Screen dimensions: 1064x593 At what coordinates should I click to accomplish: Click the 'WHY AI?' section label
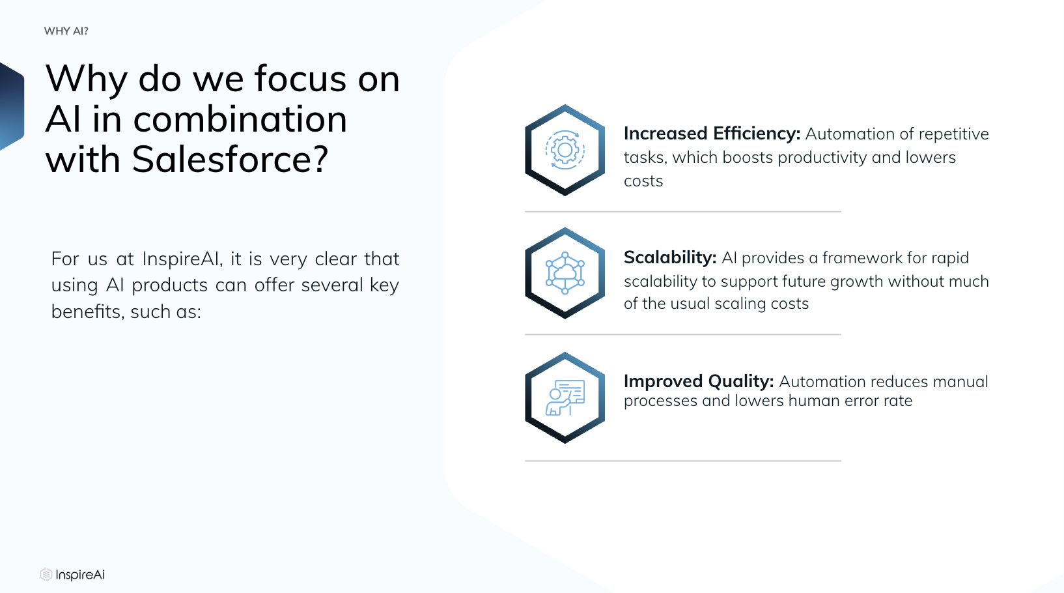pyautogui.click(x=66, y=31)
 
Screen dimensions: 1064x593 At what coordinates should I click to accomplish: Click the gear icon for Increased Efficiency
pyautogui.click(x=565, y=150)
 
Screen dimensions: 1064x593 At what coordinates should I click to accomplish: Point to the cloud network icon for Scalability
pyautogui.click(x=565, y=273)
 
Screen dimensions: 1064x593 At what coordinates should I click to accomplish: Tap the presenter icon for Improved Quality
pyautogui.click(x=565, y=398)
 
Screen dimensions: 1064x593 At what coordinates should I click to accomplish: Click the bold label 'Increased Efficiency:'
pyautogui.click(x=712, y=134)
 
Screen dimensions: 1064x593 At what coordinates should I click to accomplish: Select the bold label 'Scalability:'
pyautogui.click(x=670, y=257)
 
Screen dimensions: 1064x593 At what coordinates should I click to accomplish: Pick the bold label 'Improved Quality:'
pyautogui.click(x=699, y=381)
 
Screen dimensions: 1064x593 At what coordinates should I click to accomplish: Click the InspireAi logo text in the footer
pyautogui.click(x=80, y=575)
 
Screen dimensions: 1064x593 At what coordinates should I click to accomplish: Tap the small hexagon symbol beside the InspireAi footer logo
pyautogui.click(x=46, y=575)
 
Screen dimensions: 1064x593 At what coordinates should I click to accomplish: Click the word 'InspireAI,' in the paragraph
pyautogui.click(x=182, y=259)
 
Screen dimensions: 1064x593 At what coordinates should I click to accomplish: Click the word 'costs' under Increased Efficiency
pyautogui.click(x=643, y=181)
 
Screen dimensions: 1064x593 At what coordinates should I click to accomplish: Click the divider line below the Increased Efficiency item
pyautogui.click(x=683, y=212)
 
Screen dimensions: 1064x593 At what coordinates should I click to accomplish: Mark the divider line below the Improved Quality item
pyautogui.click(x=683, y=461)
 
